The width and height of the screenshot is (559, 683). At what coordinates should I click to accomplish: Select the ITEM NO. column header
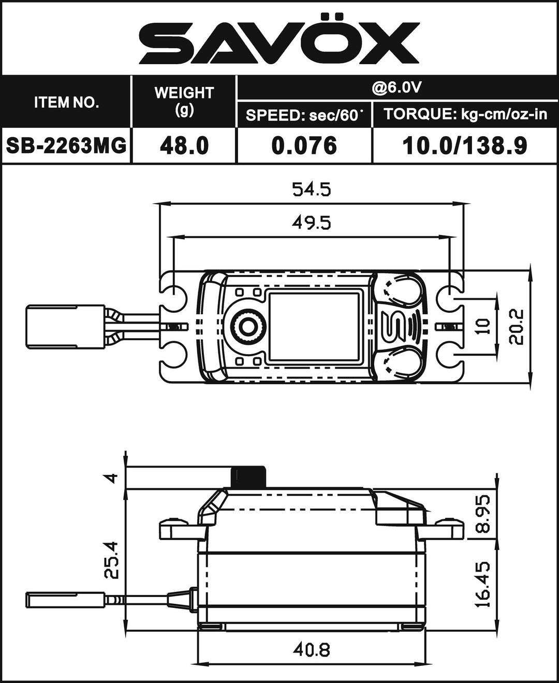pos(66,102)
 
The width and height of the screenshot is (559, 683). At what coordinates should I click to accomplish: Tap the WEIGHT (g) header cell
pos(184,100)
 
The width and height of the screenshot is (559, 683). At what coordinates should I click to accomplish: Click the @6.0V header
pos(396,87)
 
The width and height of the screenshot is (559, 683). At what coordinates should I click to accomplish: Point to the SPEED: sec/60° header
pos(304,115)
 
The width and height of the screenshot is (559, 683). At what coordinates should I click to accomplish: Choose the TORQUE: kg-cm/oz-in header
pos(465,114)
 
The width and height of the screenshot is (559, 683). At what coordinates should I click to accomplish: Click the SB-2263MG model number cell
pos(66,146)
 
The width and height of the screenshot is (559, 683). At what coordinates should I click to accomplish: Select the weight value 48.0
pos(184,146)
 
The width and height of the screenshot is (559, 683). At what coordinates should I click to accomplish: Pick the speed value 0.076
pos(304,146)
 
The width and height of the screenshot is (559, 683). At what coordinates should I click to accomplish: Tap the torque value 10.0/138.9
pos(465,146)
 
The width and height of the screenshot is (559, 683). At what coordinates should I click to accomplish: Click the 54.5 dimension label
pos(311,190)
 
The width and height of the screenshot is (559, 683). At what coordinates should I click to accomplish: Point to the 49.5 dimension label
pos(311,223)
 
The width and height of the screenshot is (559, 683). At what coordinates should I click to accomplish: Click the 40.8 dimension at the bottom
pos(311,649)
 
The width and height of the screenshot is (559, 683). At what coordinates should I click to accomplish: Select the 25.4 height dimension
pos(112,559)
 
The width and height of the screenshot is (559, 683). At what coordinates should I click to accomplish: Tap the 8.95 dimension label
pos(483,514)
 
